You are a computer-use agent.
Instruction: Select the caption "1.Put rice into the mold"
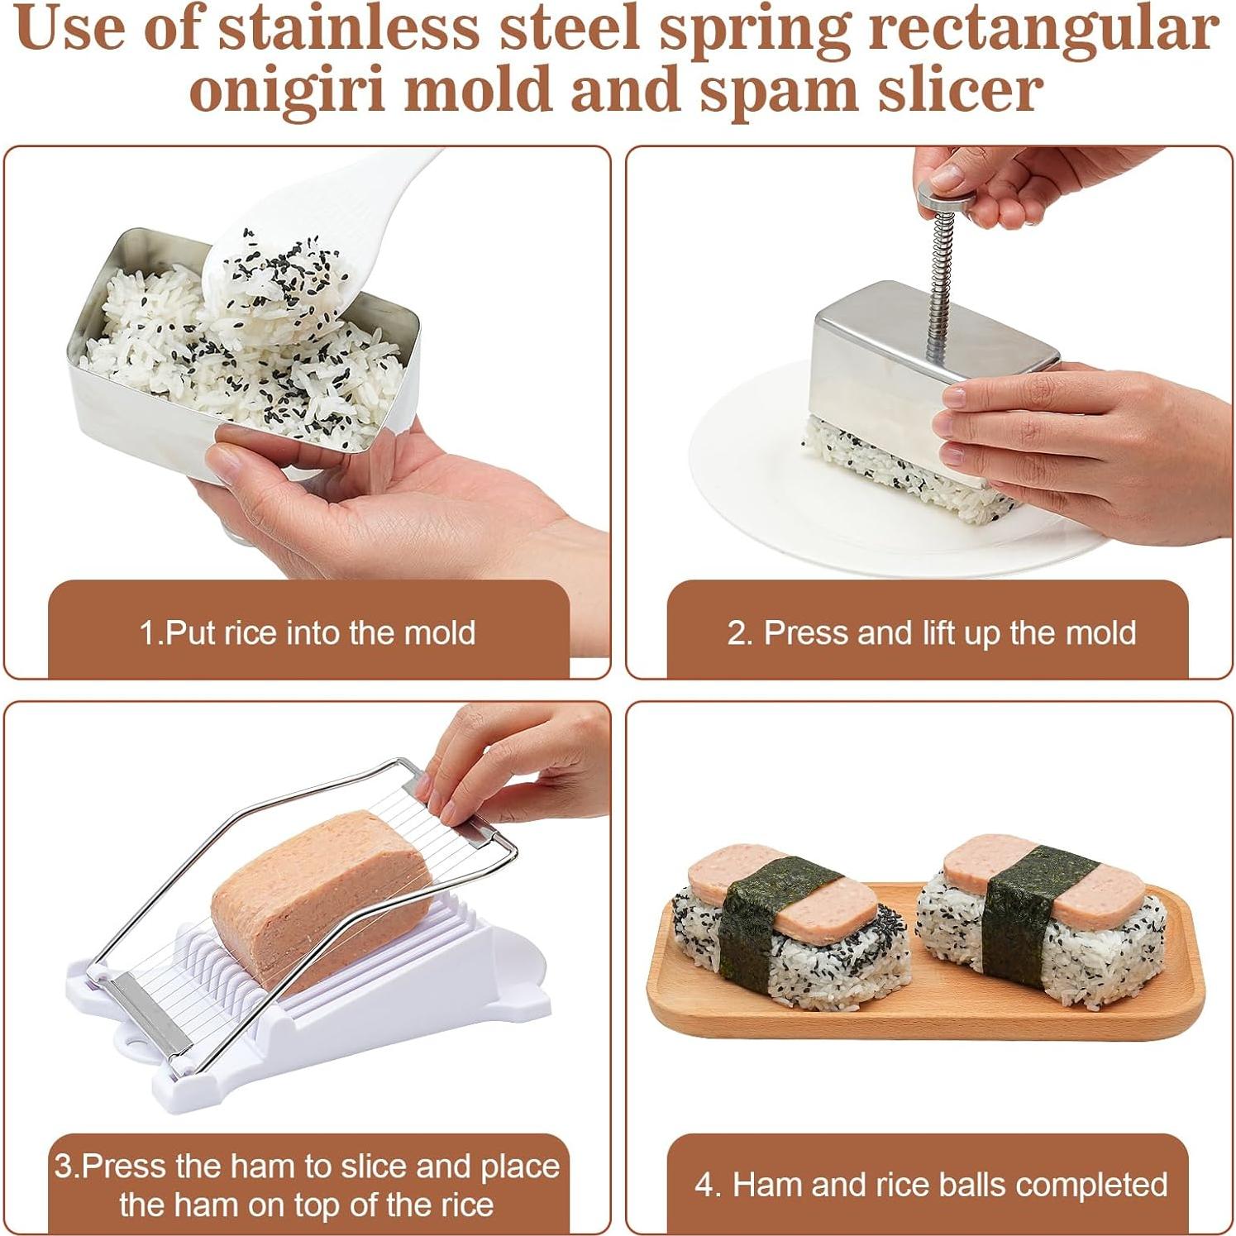[308, 633]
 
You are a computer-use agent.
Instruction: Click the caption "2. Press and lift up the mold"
[931, 633]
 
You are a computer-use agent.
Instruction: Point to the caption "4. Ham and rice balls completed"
[931, 1185]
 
